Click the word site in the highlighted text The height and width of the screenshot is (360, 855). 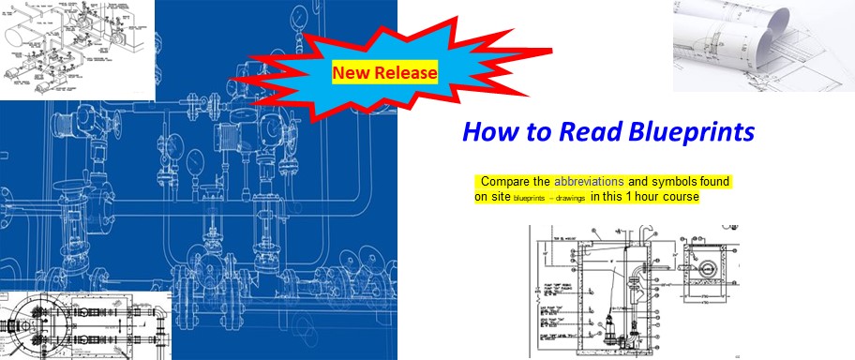[x=502, y=197]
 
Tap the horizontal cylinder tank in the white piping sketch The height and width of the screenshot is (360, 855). [x=22, y=41]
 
